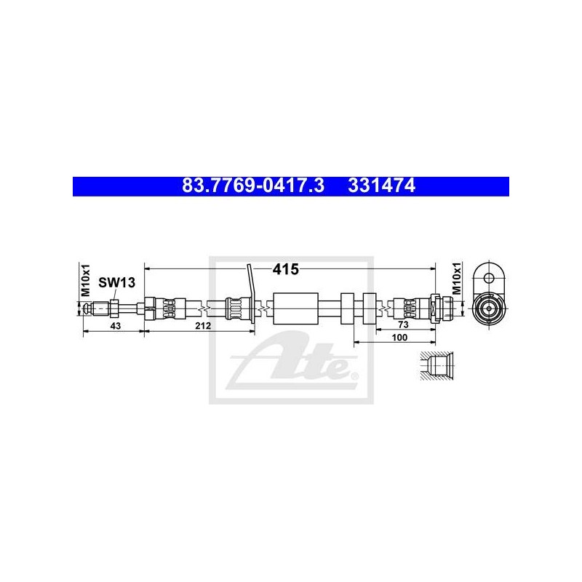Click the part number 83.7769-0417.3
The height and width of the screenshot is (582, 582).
tap(253, 186)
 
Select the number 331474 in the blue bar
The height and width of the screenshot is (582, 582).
tap(381, 186)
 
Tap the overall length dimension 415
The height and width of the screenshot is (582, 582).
tap(285, 269)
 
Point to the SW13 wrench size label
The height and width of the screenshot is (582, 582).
tap(116, 283)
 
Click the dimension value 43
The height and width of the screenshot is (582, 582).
tap(116, 326)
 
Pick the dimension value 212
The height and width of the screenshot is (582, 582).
tap(203, 326)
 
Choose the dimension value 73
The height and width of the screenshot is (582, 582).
tap(403, 324)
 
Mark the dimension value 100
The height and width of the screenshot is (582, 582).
tap(399, 337)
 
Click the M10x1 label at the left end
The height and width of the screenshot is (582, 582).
tap(86, 280)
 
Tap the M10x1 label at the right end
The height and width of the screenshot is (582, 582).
tap(457, 278)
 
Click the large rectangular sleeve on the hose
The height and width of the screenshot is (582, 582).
tap(295, 308)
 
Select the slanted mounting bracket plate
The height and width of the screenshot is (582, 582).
tap(251, 293)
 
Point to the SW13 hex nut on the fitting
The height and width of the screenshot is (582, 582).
tap(114, 308)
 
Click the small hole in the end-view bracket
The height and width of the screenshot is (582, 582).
tap(489, 278)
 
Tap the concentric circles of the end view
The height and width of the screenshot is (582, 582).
tap(488, 308)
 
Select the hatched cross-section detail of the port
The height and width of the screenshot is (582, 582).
tap(437, 365)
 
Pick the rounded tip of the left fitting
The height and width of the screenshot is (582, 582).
tap(87, 308)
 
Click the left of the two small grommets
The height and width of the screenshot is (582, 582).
tap(347, 308)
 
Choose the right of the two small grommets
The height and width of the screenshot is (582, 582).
tap(370, 308)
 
